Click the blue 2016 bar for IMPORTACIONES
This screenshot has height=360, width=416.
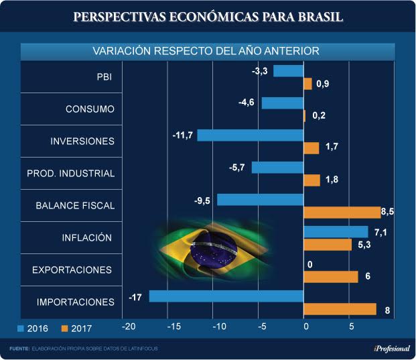click(x=226, y=296)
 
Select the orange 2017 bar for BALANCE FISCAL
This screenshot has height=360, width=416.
click(x=342, y=213)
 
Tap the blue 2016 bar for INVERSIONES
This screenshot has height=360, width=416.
click(x=250, y=135)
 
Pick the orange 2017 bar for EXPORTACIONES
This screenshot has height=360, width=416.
click(x=331, y=277)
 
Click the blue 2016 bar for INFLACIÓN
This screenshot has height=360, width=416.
click(x=336, y=231)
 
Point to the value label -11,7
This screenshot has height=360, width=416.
click(x=182, y=135)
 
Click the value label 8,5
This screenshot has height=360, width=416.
click(x=388, y=213)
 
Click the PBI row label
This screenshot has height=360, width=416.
click(x=105, y=77)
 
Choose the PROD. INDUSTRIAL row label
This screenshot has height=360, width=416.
click(x=80, y=174)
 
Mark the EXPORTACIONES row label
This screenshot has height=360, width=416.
click(x=72, y=269)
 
